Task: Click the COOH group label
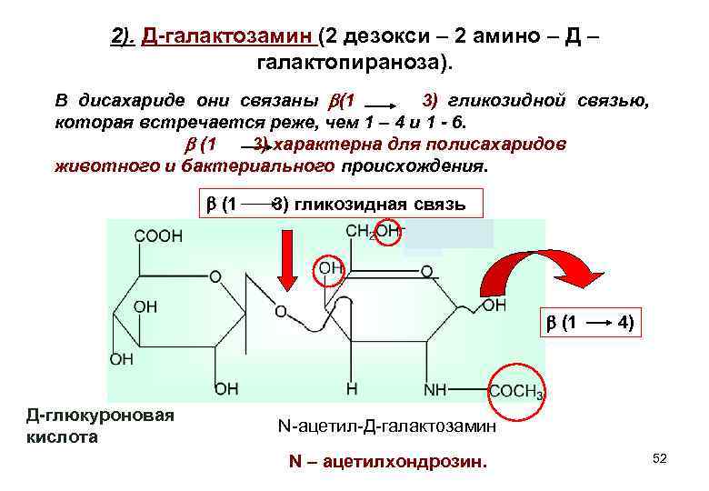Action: [x=159, y=235]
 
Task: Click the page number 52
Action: [x=659, y=459]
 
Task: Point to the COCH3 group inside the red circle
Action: [x=516, y=391]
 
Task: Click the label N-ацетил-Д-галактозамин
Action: [x=386, y=426]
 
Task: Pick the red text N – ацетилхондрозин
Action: [x=388, y=462]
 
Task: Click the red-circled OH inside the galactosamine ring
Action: [x=330, y=268]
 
